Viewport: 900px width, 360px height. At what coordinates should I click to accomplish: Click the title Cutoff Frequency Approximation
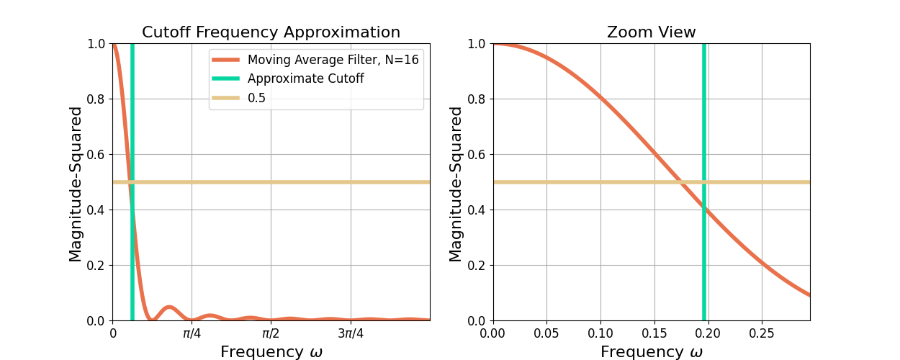pyautogui.click(x=271, y=32)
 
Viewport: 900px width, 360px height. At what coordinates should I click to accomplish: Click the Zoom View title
pyautogui.click(x=651, y=32)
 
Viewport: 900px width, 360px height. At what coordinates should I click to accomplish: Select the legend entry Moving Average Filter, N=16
pyautogui.click(x=333, y=60)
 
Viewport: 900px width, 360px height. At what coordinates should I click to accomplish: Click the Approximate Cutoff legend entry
pyautogui.click(x=305, y=78)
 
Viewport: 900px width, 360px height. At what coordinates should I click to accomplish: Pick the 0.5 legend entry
pyautogui.click(x=256, y=98)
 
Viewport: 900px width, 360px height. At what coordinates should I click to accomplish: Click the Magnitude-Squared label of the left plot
pyautogui.click(x=76, y=184)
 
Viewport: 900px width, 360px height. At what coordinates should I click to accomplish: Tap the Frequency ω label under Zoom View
pyautogui.click(x=651, y=352)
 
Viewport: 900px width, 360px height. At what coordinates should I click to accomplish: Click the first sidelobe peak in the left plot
pyautogui.click(x=169, y=307)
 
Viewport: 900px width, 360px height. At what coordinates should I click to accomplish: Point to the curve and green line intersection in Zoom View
pyautogui.click(x=704, y=208)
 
